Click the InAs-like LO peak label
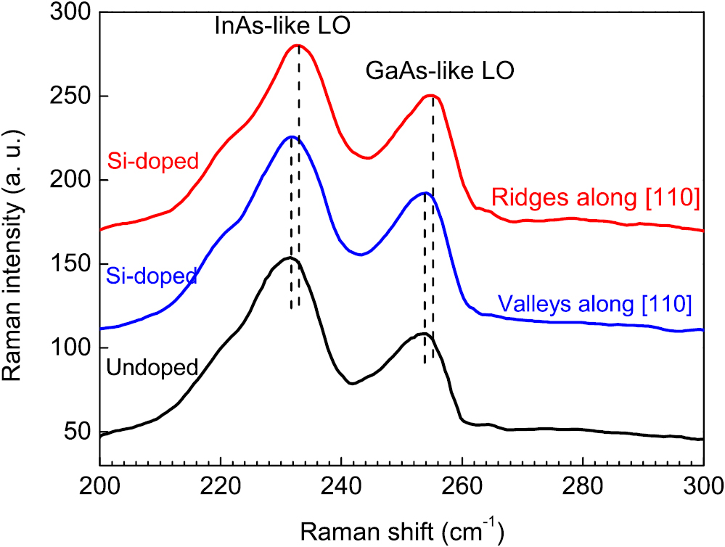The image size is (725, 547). coord(282,26)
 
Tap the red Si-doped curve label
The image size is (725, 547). coord(152,160)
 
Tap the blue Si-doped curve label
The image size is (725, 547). coord(151,276)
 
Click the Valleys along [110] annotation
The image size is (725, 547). coord(594,303)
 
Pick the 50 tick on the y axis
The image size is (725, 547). coord(79,432)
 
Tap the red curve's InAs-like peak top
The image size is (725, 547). coord(297,45)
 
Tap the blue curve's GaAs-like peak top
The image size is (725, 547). coord(425,193)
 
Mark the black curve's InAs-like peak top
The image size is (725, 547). coord(290,258)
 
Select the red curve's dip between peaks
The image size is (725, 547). coord(368,157)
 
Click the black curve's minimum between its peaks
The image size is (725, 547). coord(352,384)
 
